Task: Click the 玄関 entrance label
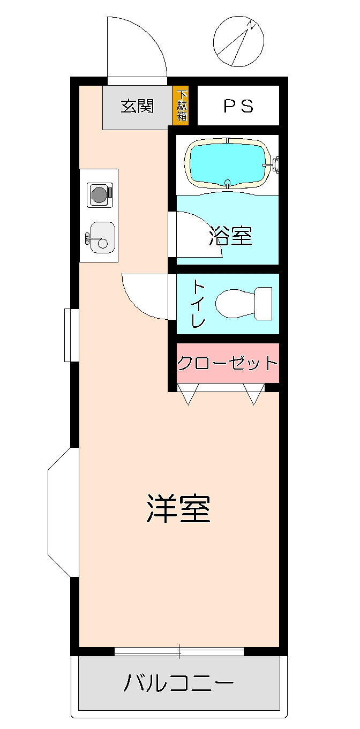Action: pos(137,106)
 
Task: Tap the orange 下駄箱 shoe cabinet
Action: pos(182,106)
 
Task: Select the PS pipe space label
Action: pos(238,106)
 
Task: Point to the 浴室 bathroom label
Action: pos(230,236)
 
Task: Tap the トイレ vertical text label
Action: pos(198,304)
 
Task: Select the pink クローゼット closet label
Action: pos(228,363)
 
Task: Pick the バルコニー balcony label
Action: pos(179,684)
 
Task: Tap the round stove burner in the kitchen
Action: pos(99,194)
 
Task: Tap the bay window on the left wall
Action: pos(62,512)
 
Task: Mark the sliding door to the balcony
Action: pos(179,651)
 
